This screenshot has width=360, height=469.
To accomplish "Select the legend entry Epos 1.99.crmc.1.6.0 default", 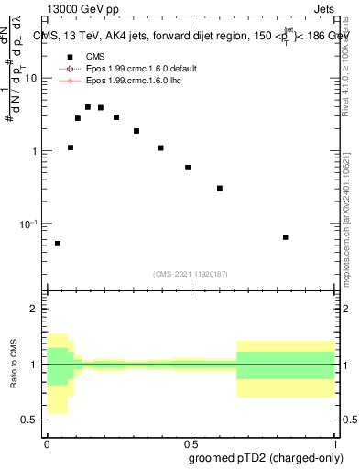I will pos(137,69).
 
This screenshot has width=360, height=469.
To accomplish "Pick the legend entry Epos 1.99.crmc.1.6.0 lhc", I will pos(133,81).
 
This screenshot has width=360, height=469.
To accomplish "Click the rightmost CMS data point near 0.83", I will pos(286,237).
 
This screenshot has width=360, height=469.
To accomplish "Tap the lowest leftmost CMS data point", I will pos(58,244).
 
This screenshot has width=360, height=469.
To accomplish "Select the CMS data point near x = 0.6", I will pos(220,188).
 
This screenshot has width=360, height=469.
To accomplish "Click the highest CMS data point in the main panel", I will pos(88,107).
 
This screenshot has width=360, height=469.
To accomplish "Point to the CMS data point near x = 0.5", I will pos(188,168).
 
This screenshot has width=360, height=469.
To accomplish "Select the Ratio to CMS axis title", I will pos(14,365).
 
